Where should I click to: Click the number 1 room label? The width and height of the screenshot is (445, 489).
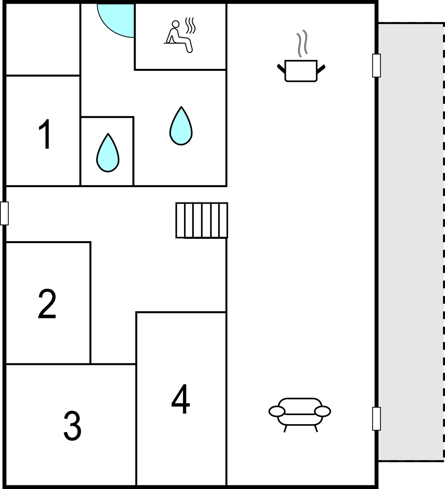(45, 134)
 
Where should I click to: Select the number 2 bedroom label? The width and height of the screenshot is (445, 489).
(47, 303)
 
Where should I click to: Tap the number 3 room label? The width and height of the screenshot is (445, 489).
(72, 426)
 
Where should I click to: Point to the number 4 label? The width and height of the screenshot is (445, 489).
(181, 399)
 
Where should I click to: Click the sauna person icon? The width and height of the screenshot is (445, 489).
(179, 37)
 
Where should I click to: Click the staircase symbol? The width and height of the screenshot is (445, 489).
(202, 220)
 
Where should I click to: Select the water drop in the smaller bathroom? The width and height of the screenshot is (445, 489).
(108, 153)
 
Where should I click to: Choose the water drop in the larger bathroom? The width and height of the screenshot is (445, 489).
(181, 126)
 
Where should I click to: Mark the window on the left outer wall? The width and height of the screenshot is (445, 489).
(5, 213)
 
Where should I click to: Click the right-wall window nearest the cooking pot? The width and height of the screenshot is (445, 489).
(376, 66)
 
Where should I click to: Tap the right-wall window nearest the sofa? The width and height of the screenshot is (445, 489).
(376, 418)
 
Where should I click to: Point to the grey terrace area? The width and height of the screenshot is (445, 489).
(411, 242)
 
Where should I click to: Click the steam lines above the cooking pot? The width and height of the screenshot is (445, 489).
(302, 43)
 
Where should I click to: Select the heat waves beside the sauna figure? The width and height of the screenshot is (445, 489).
(190, 25)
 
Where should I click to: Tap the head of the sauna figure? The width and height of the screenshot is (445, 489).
(175, 24)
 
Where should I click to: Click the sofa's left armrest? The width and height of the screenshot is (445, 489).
(277, 411)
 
